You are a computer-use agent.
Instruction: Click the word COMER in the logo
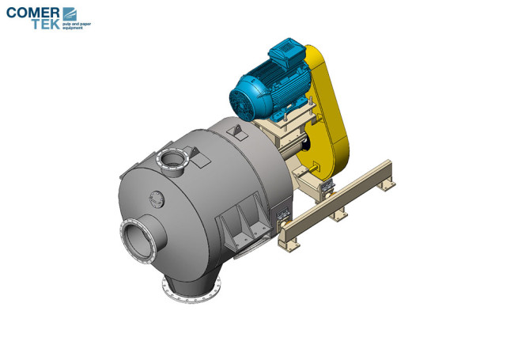[32, 13]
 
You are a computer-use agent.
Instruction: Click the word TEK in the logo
[46, 25]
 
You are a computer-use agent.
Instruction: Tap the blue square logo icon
[70, 14]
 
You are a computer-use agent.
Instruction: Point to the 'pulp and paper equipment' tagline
[77, 26]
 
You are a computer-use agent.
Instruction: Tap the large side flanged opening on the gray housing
[138, 241]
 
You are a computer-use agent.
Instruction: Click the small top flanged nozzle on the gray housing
[172, 161]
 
